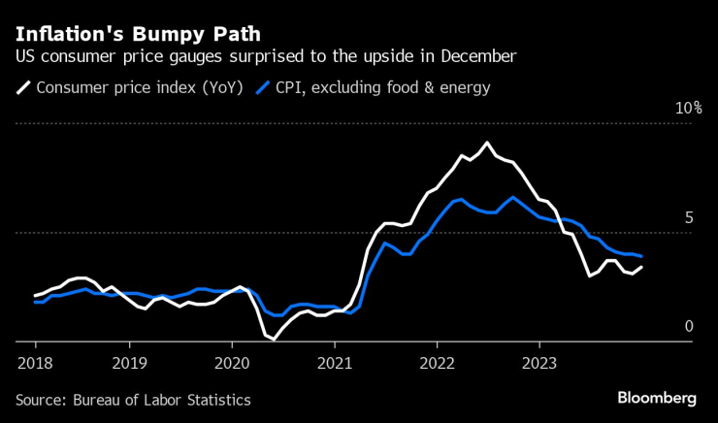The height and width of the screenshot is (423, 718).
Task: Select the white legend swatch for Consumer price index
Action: pos(23,88)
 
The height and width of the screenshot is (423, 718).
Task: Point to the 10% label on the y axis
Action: pos(688,108)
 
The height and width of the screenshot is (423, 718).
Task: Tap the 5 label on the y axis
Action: pos(689,218)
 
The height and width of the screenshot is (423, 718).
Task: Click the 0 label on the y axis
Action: pos(689,327)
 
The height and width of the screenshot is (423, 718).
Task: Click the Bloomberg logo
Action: pos(658,398)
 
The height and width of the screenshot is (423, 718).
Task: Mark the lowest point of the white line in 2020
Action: pos(273,339)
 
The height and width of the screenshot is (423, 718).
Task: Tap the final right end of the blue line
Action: pos(641,256)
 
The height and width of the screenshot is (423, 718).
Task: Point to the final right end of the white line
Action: pos(641,267)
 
